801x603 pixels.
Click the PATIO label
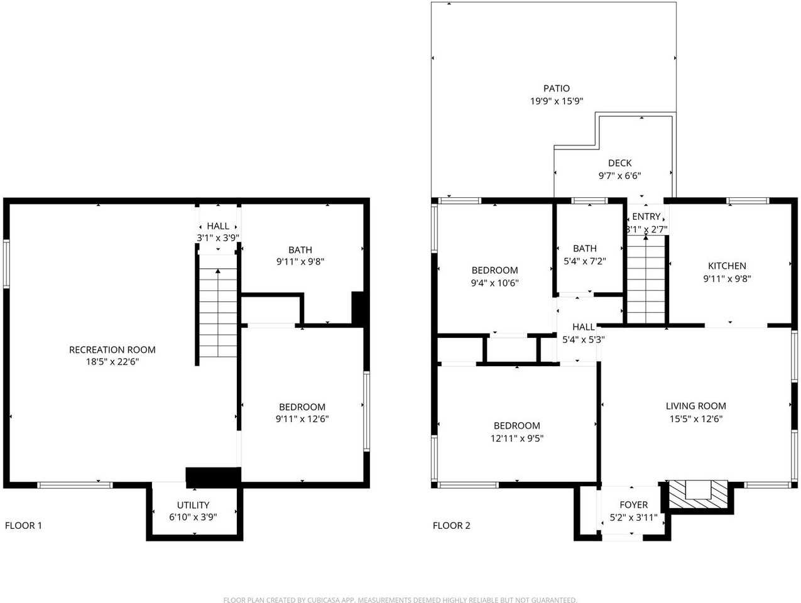pos(556,89)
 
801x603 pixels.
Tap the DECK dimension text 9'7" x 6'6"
pos(619,176)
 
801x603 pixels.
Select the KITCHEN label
pos(727,266)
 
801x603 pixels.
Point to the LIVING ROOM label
pos(696,406)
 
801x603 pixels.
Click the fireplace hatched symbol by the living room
pos(697,494)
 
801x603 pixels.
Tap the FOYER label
pos(634,505)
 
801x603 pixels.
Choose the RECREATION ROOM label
pos(112,350)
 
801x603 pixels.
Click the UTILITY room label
pos(193,505)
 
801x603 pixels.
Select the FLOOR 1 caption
pos(23,526)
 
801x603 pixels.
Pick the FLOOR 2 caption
pos(452,526)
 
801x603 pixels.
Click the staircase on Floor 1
pos(218,306)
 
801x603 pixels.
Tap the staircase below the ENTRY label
pos(646,279)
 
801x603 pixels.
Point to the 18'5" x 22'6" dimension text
pos(112,362)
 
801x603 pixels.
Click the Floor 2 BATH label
pos(585,248)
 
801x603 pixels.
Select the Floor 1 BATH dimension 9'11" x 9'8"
pos(300,261)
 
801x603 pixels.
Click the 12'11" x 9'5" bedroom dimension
pos(517,438)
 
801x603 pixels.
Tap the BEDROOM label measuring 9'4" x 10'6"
pos(495,270)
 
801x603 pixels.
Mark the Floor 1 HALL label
pos(218,226)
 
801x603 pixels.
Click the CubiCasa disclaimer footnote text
pos(400,600)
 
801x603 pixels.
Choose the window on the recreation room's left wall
pos(6,263)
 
